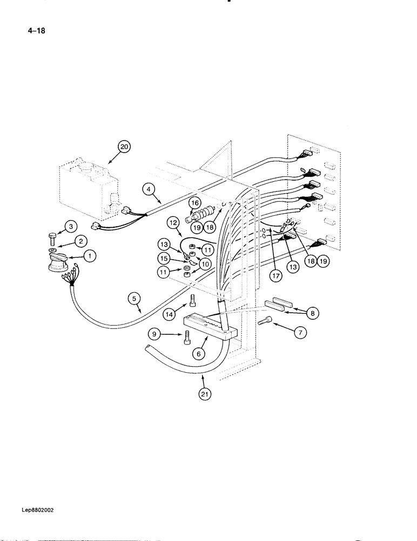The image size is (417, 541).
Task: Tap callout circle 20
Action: point(124,147)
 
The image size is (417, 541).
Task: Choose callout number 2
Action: point(80,241)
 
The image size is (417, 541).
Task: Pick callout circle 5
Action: point(135,297)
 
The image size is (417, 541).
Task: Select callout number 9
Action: point(155,335)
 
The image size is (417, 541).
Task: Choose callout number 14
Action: point(170,313)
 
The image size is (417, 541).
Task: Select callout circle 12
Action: point(173,222)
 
